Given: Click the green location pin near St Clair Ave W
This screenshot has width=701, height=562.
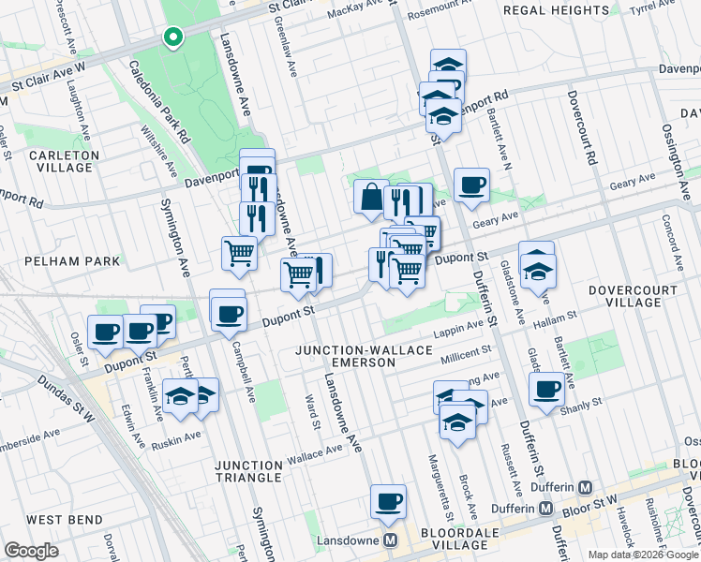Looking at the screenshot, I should [x=172, y=37].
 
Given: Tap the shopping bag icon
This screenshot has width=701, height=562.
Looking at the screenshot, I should [x=371, y=198].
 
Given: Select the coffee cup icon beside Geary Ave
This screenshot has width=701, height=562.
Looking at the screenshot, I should [x=471, y=185].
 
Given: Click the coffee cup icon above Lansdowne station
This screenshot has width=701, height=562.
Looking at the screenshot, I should [x=387, y=502].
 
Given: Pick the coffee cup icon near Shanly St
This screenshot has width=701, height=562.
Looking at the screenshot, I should [x=546, y=389].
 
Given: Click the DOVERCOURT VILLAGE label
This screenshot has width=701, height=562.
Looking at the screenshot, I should [x=632, y=296].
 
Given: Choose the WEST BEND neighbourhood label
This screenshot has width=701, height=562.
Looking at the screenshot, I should [x=58, y=519].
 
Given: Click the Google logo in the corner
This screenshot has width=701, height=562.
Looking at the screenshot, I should [x=32, y=551].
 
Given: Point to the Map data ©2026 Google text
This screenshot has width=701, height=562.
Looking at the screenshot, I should [x=642, y=555].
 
